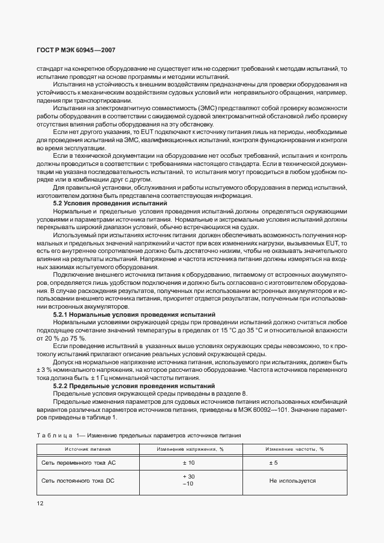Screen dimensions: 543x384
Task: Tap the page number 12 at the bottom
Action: pyautogui.click(x=41, y=504)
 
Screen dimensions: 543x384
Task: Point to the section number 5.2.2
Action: pyautogui.click(x=62, y=385)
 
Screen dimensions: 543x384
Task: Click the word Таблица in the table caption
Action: pyautogui.click(x=56, y=435)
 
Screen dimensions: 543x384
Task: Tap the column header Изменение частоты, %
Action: pyautogui.click(x=294, y=450)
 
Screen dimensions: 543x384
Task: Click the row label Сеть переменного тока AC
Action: pyautogui.click(x=79, y=463)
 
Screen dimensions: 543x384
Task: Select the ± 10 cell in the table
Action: pyautogui.click(x=188, y=463)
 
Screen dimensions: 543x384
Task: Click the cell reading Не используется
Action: pyautogui.click(x=292, y=480)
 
